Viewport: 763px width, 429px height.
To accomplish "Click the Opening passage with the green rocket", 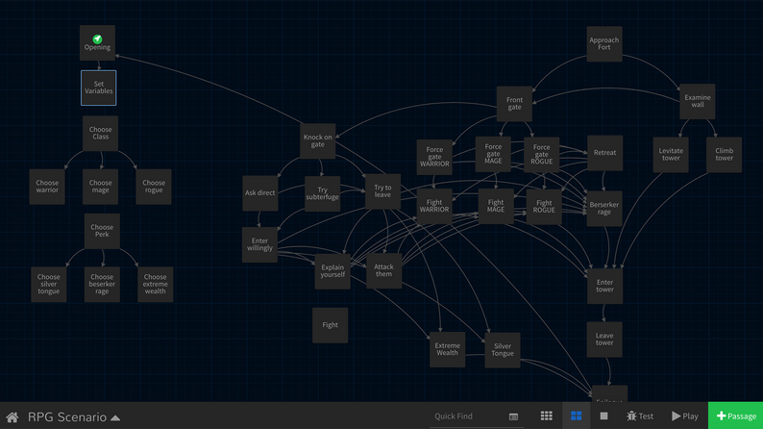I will [97, 43].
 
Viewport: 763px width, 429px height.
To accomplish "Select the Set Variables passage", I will [98, 88].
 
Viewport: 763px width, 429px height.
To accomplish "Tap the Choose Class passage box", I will [100, 133].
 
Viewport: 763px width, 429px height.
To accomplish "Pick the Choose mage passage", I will [101, 186].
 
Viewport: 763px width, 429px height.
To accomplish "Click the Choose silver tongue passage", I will [48, 284].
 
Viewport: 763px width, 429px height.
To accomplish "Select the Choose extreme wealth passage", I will [155, 284].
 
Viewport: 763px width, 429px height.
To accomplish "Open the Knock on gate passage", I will [318, 140].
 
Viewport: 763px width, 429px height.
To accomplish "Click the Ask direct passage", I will [259, 192].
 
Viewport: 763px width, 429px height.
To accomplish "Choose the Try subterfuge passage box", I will [322, 192].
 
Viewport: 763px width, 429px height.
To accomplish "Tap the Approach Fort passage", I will [603, 43].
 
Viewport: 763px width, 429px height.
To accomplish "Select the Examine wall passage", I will [697, 101].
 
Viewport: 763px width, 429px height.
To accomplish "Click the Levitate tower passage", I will [671, 154].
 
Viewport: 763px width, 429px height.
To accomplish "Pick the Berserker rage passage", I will [604, 208].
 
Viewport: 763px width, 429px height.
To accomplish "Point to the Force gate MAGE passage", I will [493, 154].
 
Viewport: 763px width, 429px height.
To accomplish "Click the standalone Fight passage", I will [330, 325].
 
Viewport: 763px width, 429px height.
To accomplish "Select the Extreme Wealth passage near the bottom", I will [447, 349].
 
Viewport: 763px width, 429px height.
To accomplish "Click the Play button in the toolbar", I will [685, 416].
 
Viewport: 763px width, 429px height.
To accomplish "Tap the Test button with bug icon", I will [640, 416].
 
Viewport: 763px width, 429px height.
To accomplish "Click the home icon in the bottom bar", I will [12, 417].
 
